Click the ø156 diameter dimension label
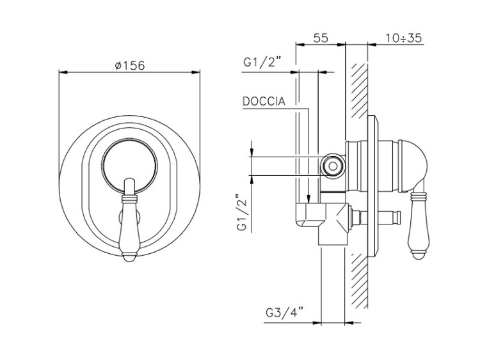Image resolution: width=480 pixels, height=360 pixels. (x=130, y=65)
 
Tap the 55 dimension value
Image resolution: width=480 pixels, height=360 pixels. (x=321, y=38)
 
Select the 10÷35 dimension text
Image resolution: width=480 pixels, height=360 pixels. (x=403, y=38)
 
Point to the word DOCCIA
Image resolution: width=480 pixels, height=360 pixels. (x=264, y=101)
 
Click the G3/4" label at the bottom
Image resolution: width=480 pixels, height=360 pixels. (x=284, y=313)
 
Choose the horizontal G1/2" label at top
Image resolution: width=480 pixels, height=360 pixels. (x=262, y=63)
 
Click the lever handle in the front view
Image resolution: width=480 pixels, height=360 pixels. (x=129, y=219)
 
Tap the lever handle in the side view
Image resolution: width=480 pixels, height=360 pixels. (x=418, y=223)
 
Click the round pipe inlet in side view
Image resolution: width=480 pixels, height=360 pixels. (x=333, y=166)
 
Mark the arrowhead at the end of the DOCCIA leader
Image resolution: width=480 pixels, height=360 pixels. (x=309, y=200)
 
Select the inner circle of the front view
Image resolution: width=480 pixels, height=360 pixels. (x=129, y=166)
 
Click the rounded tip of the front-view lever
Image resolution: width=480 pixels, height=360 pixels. (x=129, y=257)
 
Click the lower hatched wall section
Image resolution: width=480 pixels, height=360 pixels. (x=359, y=281)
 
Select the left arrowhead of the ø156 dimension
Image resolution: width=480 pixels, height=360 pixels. (x=63, y=72)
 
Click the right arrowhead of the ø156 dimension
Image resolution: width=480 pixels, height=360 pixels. (x=196, y=72)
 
